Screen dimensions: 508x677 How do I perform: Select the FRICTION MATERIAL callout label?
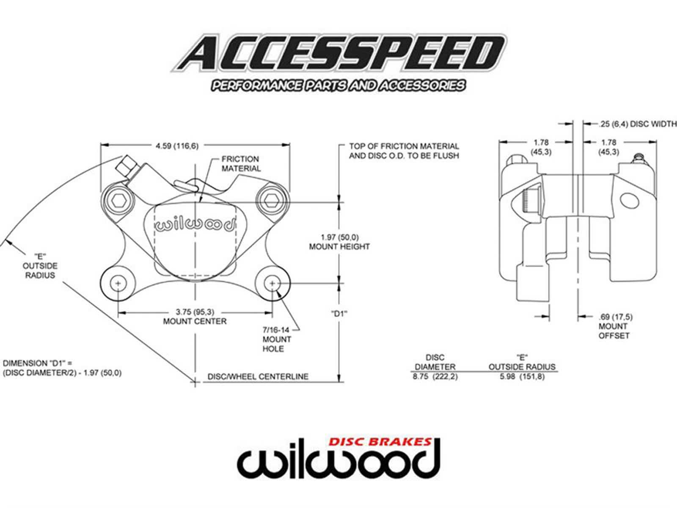click(x=241, y=164)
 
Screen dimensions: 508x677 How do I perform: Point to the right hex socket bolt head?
click(x=271, y=199)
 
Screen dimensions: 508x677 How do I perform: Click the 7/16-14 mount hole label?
click(x=277, y=339)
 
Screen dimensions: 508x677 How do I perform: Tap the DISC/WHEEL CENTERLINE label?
click(x=258, y=376)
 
